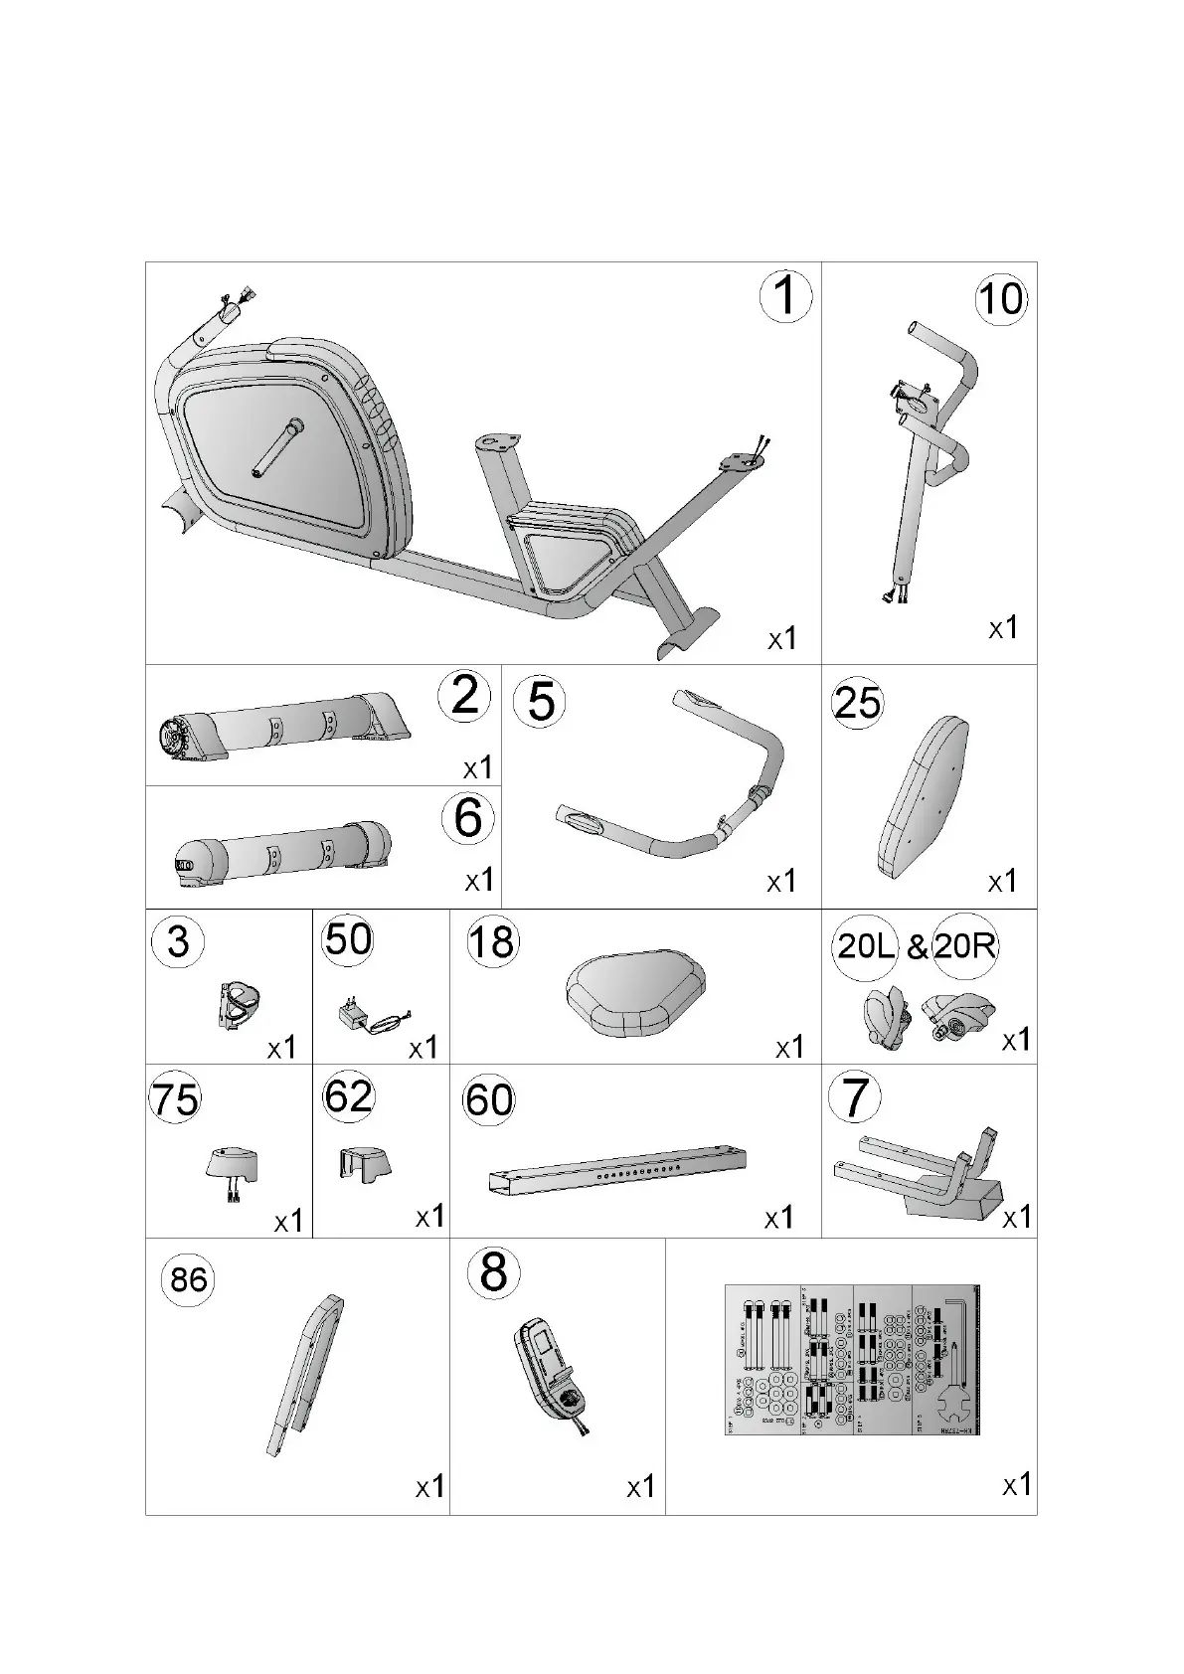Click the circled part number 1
[785, 295]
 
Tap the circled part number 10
[1000, 298]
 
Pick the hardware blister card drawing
[852, 1359]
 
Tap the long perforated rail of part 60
[617, 1170]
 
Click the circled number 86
[188, 1278]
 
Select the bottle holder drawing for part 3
[239, 1004]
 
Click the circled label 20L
[867, 945]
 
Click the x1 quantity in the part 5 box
[781, 881]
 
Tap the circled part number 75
[175, 1099]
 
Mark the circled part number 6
[467, 817]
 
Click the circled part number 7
[855, 1097]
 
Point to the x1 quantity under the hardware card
[1016, 1485]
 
